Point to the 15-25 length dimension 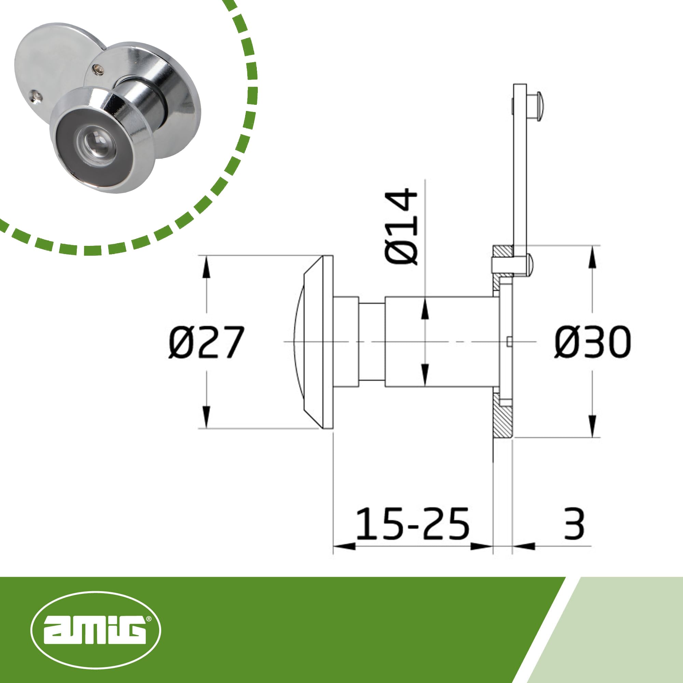pyautogui.click(x=413, y=524)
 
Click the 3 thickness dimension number pyautogui.click(x=574, y=524)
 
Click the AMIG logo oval pyautogui.click(x=96, y=630)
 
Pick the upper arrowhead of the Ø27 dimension pyautogui.click(x=207, y=267)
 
